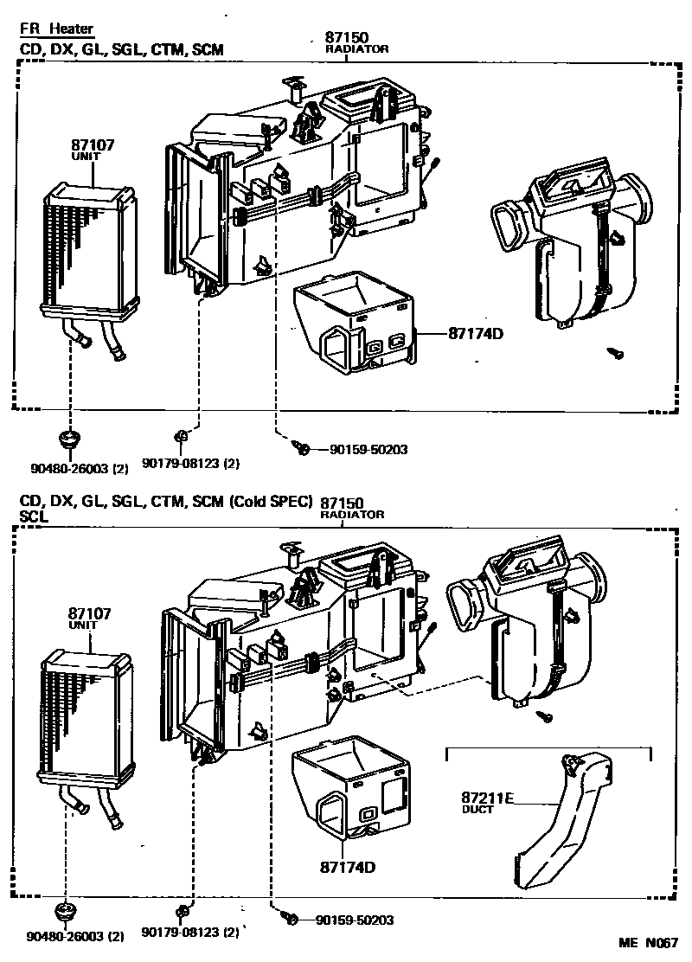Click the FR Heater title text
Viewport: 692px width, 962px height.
(x=57, y=29)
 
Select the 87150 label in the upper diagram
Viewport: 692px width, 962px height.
(x=356, y=42)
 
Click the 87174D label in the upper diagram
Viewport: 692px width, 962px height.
(x=475, y=333)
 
